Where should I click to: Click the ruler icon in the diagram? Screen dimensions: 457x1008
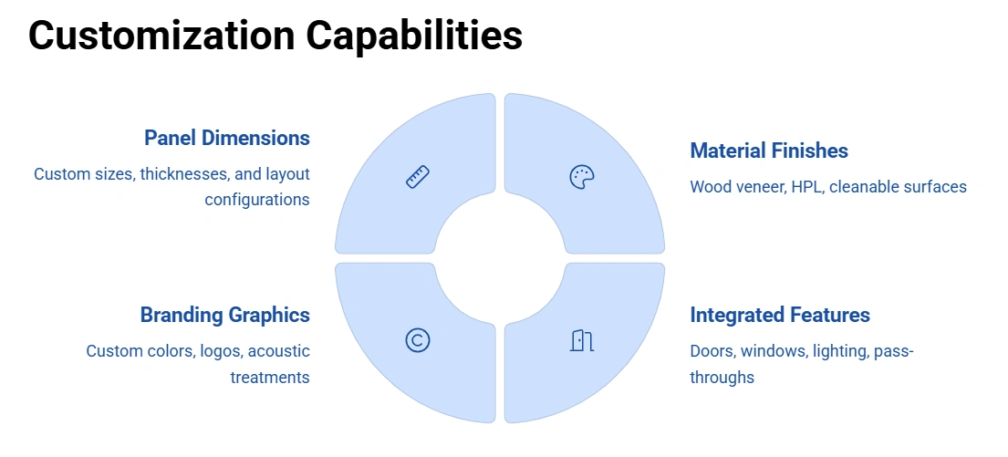[417, 176]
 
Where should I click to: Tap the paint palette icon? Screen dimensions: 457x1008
[581, 177]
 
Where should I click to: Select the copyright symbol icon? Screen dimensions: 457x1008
[417, 340]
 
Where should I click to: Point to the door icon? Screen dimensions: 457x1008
[581, 341]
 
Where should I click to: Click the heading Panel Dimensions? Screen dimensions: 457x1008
[226, 138]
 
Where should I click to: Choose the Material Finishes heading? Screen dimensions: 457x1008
[769, 151]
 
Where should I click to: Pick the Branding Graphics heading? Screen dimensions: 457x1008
[224, 315]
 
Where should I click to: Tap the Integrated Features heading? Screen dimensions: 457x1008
[780, 315]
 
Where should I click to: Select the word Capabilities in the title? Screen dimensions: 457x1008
[414, 36]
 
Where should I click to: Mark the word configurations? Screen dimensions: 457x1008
[256, 199]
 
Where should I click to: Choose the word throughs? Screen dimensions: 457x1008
[722, 377]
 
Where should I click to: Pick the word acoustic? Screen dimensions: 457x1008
[278, 350]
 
